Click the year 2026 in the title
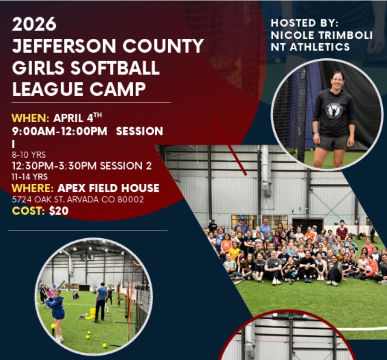[34, 24]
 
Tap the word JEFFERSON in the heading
[64, 46]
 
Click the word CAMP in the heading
[117, 89]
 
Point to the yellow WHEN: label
[30, 118]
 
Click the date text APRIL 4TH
[78, 117]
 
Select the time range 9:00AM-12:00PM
[60, 131]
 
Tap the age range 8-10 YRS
[28, 155]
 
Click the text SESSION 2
[126, 166]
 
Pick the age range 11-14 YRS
[30, 177]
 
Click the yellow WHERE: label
[33, 188]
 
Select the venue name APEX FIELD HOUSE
[108, 188]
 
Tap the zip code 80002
[131, 199]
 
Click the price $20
[59, 211]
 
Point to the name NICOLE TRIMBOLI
[321, 35]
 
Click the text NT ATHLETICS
[310, 47]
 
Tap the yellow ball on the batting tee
[53, 326]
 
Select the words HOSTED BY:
[304, 23]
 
